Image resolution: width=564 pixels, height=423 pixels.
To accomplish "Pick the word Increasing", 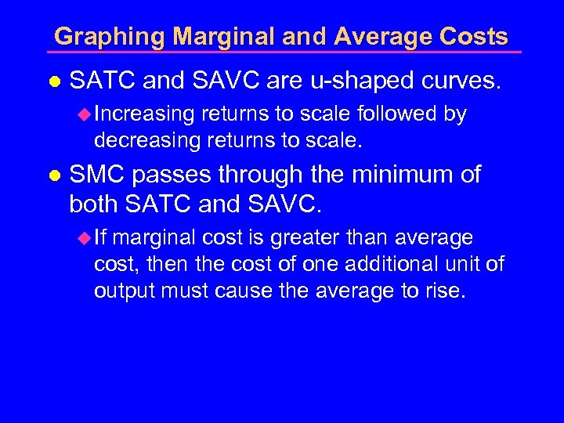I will pos(144,114).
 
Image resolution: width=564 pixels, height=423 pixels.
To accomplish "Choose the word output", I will pos(124,292).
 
